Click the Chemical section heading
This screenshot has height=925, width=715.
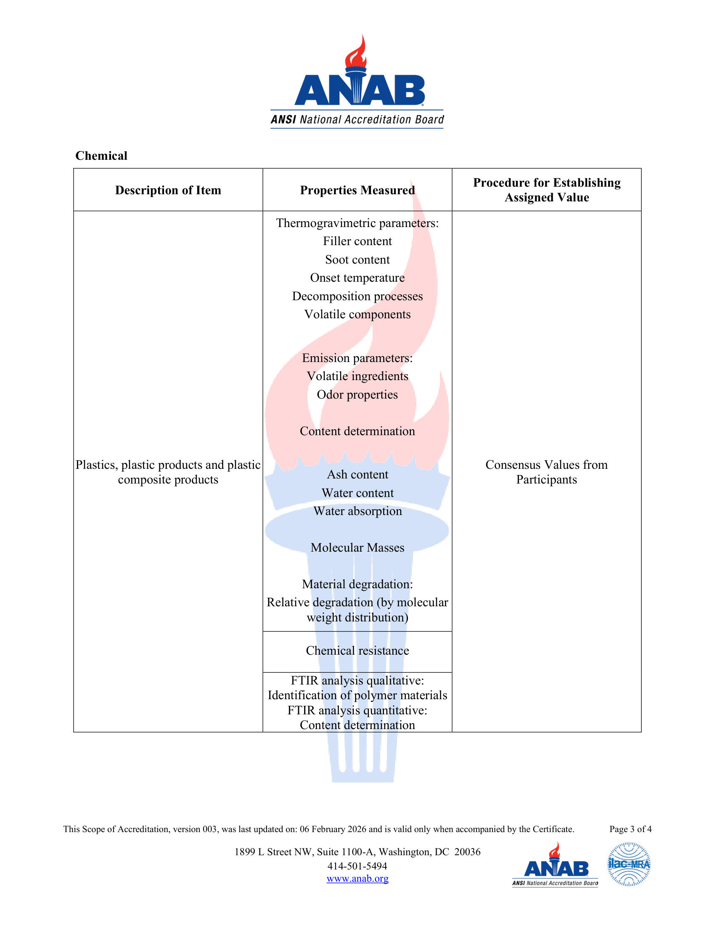[x=101, y=156]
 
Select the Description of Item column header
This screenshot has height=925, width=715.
[x=168, y=190]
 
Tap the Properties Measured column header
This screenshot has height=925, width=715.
[x=357, y=190]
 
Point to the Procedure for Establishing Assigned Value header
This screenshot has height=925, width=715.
[x=546, y=190]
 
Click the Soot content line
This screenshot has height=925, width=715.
[x=357, y=259]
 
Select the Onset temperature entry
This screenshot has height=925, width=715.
[x=357, y=278]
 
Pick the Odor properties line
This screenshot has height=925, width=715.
[x=357, y=395]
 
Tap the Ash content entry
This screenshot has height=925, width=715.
[x=357, y=475]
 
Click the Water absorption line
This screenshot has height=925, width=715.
[x=357, y=511]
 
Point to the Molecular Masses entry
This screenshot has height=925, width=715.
[x=357, y=547]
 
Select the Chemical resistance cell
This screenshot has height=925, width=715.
[x=357, y=650]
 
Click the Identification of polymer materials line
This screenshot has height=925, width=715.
[x=357, y=695]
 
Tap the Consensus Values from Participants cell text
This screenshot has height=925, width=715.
[x=546, y=472]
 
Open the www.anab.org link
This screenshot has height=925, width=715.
[x=357, y=878]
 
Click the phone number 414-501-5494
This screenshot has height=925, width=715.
[x=357, y=866]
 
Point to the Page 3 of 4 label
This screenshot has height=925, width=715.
[x=630, y=829]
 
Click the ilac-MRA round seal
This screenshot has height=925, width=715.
[x=629, y=864]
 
